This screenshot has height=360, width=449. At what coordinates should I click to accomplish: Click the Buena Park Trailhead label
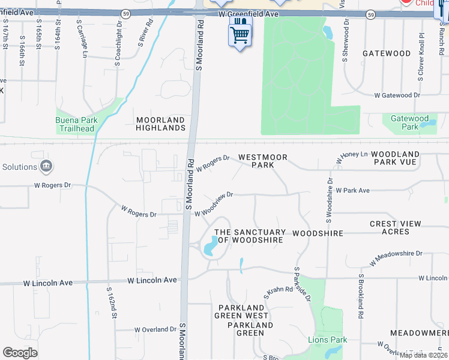[75, 124]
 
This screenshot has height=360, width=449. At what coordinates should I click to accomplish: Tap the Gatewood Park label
[409, 122]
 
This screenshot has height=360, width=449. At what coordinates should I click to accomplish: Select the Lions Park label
[328, 340]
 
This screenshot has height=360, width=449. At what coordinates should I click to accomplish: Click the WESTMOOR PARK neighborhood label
[262, 161]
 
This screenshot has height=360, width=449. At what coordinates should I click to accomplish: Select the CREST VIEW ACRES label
[396, 227]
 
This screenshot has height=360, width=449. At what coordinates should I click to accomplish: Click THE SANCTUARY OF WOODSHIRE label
[250, 236]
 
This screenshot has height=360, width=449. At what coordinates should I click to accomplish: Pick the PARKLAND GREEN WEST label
[242, 311]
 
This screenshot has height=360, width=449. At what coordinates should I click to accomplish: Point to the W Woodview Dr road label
[213, 204]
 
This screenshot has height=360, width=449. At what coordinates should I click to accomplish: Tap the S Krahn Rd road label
[279, 293]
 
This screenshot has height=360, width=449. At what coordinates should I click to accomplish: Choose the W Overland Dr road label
[154, 329]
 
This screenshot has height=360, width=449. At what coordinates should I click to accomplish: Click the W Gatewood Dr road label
[397, 95]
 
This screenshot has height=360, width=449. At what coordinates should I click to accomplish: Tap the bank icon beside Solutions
[46, 166]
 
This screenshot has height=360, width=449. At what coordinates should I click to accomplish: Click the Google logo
[20, 353]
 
